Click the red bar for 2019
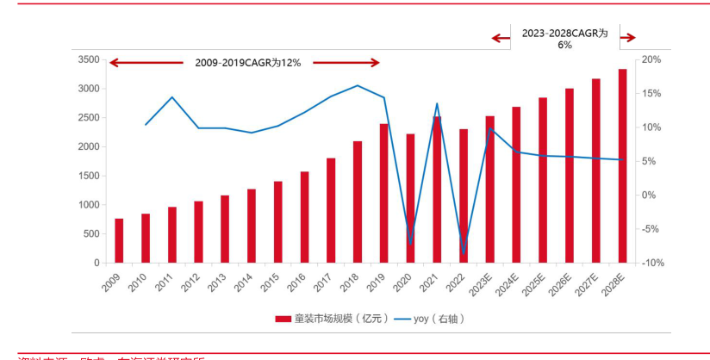click(x=383, y=194)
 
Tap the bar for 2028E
click(x=622, y=166)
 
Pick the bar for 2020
click(x=410, y=199)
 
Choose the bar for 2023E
click(x=489, y=189)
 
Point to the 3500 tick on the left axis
click(x=89, y=59)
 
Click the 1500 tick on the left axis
click(x=89, y=176)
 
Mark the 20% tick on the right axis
click(x=651, y=59)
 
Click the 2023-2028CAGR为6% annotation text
click(x=564, y=38)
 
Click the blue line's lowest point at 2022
click(x=464, y=252)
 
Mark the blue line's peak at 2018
click(x=358, y=85)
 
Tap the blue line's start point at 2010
click(x=146, y=125)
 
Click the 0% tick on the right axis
click(x=651, y=195)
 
